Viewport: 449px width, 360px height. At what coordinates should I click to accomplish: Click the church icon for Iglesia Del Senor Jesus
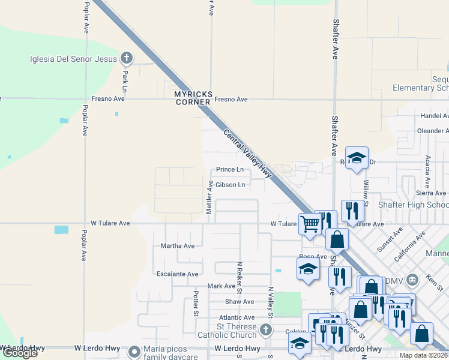click(x=126, y=58)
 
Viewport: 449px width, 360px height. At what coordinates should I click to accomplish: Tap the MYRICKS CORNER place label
click(x=193, y=98)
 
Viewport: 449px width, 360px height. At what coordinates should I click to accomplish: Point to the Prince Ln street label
click(x=230, y=170)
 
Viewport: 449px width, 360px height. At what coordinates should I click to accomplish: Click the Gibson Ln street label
click(x=230, y=185)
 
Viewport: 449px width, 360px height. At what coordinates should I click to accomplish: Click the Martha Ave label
click(x=178, y=246)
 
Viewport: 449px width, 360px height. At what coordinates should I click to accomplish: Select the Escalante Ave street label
click(x=177, y=274)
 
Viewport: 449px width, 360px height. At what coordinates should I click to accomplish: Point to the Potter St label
click(x=196, y=304)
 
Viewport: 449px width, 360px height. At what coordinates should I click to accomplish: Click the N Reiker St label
click(x=239, y=277)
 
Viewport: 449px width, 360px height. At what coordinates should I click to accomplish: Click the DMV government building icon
click(x=412, y=279)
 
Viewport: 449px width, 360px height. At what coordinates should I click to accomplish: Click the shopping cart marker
click(x=310, y=224)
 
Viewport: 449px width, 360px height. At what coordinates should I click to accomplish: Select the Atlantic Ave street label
click(x=237, y=317)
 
